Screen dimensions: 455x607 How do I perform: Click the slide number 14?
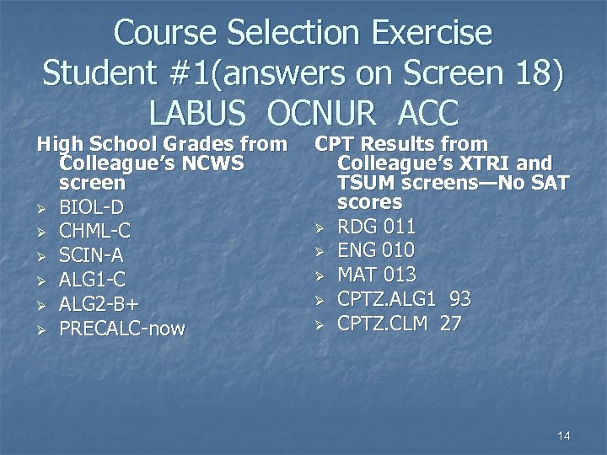click(x=564, y=436)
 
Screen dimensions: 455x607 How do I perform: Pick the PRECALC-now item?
click(x=121, y=328)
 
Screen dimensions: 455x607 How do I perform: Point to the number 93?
click(x=460, y=298)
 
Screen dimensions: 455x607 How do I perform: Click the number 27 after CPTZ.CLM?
click(x=450, y=323)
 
